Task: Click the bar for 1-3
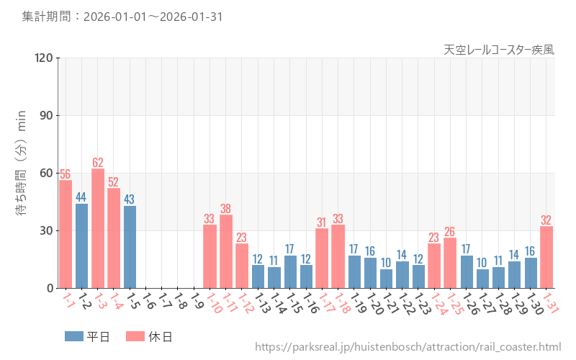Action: (98, 228)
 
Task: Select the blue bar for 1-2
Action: (81, 246)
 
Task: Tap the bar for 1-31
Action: (546, 257)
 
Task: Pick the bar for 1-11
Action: (226, 251)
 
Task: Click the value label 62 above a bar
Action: (98, 163)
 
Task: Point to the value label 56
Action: (66, 174)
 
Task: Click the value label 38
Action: (226, 209)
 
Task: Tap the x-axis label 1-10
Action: (213, 303)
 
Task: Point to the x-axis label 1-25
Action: (454, 303)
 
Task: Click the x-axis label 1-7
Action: (166, 301)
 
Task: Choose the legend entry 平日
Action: (86, 336)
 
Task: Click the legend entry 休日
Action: (148, 336)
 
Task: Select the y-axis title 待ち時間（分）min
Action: (22, 173)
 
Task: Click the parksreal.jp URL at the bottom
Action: (408, 347)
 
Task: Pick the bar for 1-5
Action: (130, 247)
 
